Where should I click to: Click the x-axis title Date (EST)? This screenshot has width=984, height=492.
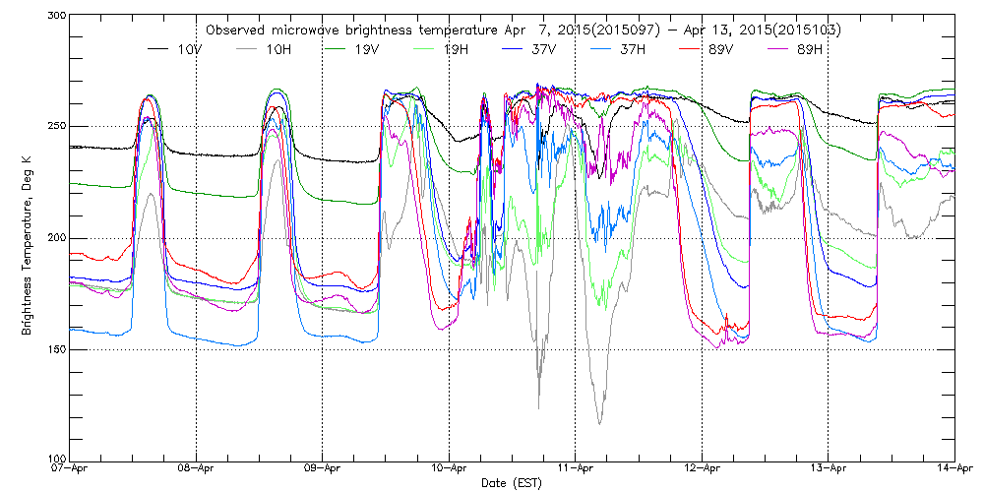512,483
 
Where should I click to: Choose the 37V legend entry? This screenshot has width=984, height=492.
545,48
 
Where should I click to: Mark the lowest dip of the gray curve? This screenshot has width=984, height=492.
599,424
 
